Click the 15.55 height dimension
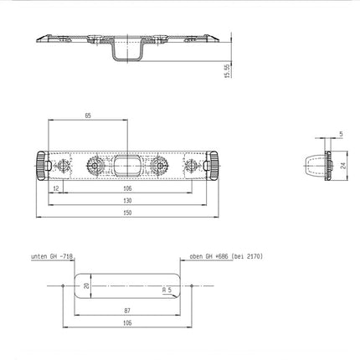[x=226, y=70]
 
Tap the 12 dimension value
[x=55, y=188]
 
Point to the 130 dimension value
[x=126, y=201]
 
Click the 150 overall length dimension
[x=126, y=213]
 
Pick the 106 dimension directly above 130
[x=126, y=188]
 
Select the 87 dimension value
[x=126, y=310]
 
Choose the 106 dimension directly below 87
[x=126, y=321]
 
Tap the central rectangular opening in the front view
[x=126, y=162]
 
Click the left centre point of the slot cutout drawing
[x=64, y=285]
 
